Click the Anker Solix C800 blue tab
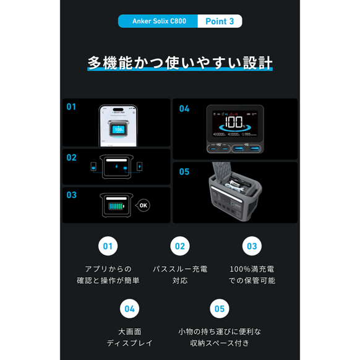tap(158, 21)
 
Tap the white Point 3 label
tap(219, 21)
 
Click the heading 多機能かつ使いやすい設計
tap(180, 64)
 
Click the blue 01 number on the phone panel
tap(71, 107)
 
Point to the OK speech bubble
tap(144, 205)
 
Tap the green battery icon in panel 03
tap(116, 205)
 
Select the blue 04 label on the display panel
tap(184, 109)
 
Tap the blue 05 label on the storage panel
tap(184, 171)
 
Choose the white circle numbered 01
tap(108, 246)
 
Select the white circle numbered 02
tap(179, 246)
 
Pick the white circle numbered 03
tap(251, 246)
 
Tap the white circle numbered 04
tap(130, 308)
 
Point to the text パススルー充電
tap(179, 270)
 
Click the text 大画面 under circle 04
tap(130, 332)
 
